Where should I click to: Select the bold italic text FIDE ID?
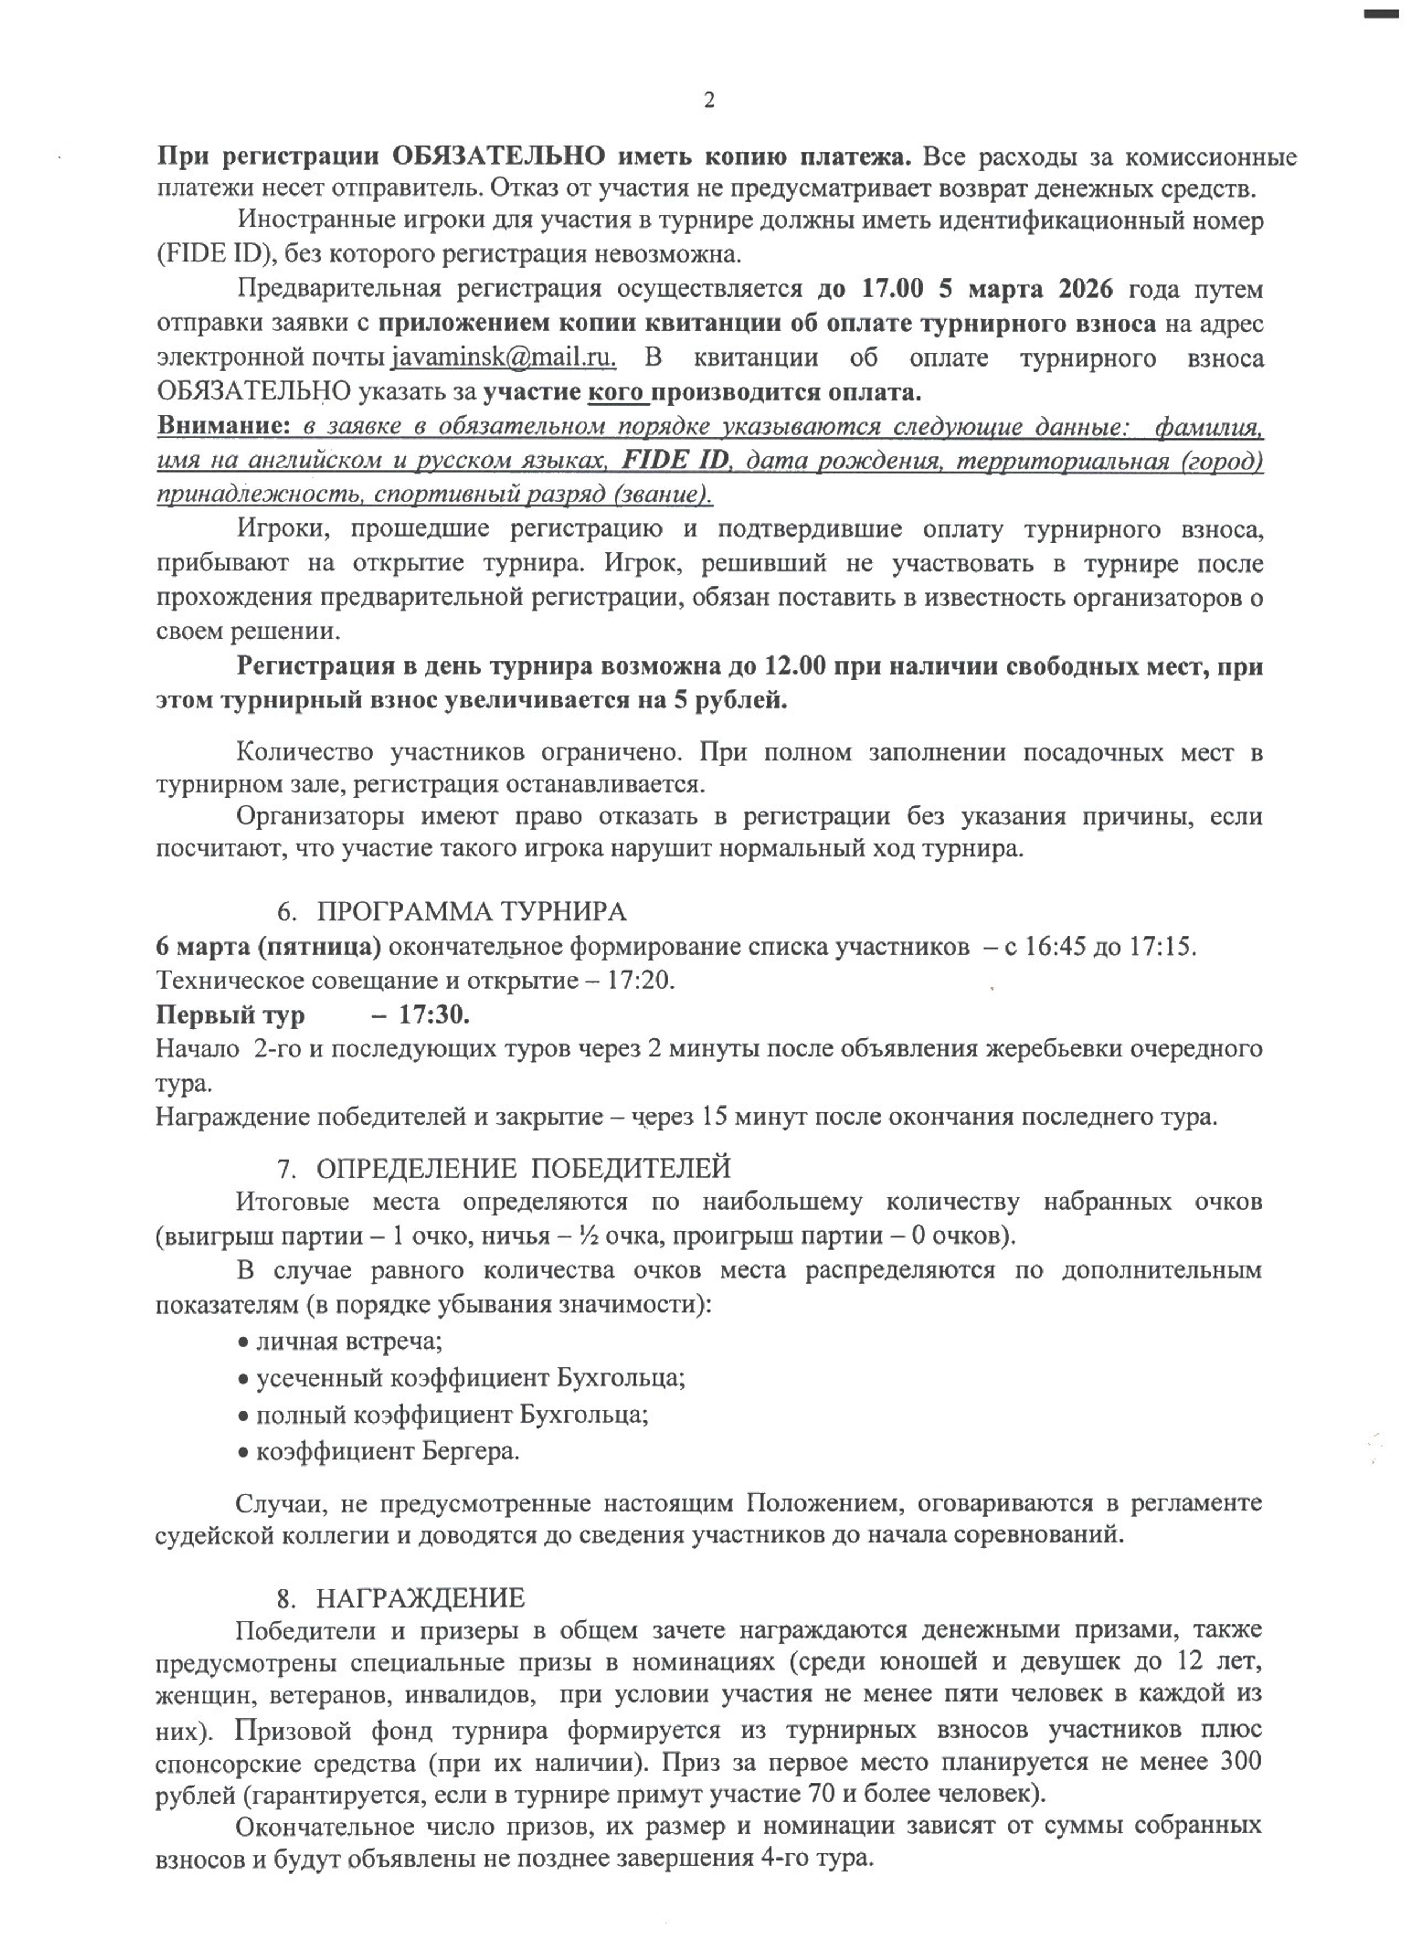point(675,461)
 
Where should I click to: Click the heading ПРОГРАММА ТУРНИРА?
point(472,912)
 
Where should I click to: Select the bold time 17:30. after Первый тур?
point(435,1015)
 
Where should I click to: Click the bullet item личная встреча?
point(348,1342)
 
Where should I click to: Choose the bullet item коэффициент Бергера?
point(388,1451)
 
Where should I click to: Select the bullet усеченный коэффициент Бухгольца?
point(470,1378)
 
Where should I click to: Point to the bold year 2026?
point(1085,289)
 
